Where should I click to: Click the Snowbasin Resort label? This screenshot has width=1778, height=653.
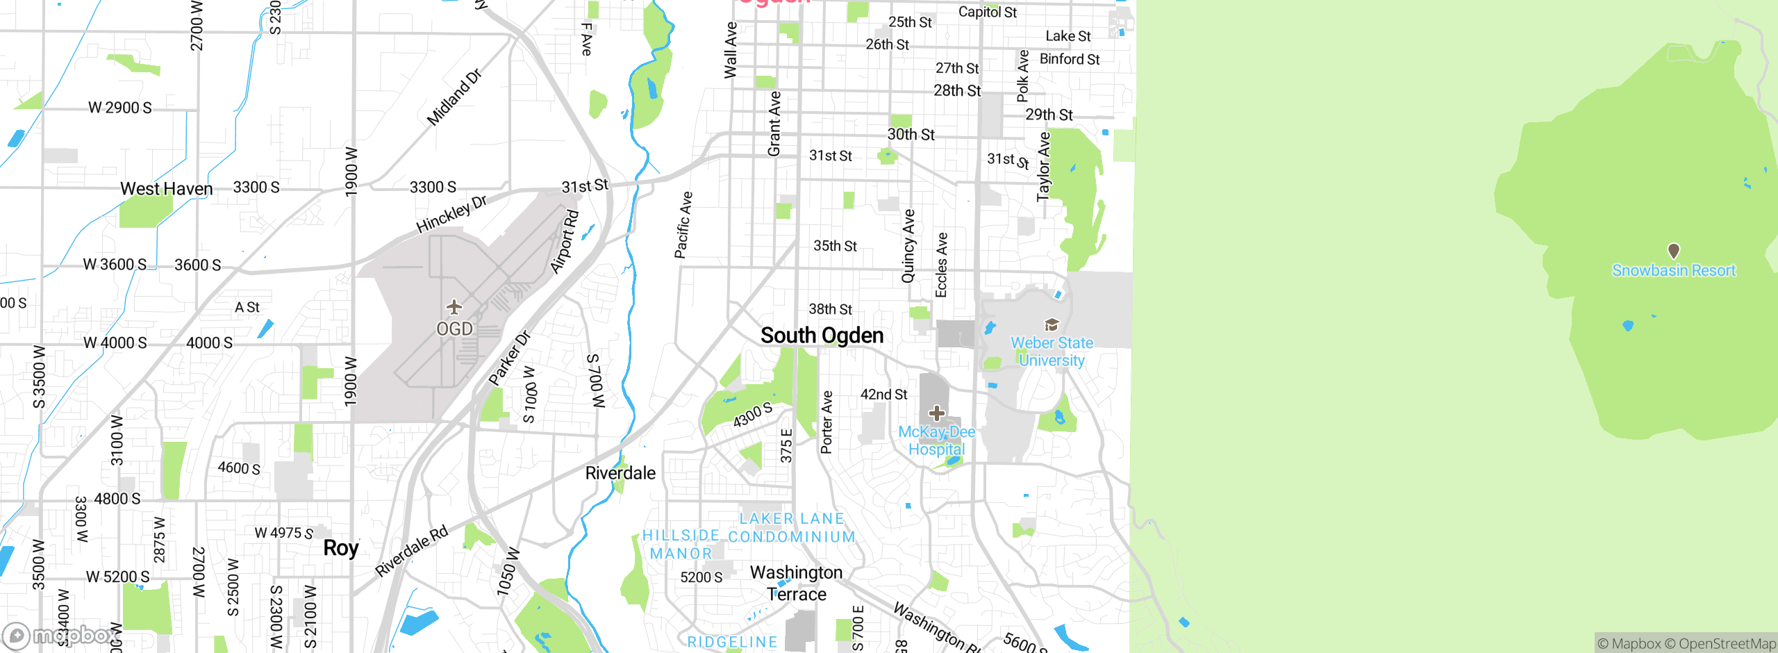point(1673,271)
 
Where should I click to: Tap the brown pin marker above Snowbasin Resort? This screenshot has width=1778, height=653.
point(1674,250)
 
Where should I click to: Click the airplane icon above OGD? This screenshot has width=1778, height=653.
point(454,306)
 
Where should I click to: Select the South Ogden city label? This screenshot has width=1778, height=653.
point(822,336)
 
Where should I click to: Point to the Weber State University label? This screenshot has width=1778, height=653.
point(1052,352)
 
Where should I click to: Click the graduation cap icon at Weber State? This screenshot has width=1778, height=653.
point(1052,324)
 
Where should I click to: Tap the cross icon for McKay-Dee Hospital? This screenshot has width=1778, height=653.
point(936,413)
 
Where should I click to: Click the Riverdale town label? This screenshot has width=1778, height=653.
point(620,473)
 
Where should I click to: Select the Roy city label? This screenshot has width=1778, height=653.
point(340,548)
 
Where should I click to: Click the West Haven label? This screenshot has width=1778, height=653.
point(167,189)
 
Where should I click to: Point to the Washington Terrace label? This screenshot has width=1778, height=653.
point(797,583)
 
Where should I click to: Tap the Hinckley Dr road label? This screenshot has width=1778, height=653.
point(451,214)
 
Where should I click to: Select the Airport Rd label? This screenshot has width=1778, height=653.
point(564,241)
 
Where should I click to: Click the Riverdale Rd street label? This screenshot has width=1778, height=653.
point(412,552)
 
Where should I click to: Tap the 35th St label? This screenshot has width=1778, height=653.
point(835,246)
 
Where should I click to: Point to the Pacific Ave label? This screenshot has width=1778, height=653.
point(683,225)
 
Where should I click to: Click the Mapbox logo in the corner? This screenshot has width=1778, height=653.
point(59,635)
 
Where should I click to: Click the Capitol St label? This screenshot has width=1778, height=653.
point(987,12)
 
